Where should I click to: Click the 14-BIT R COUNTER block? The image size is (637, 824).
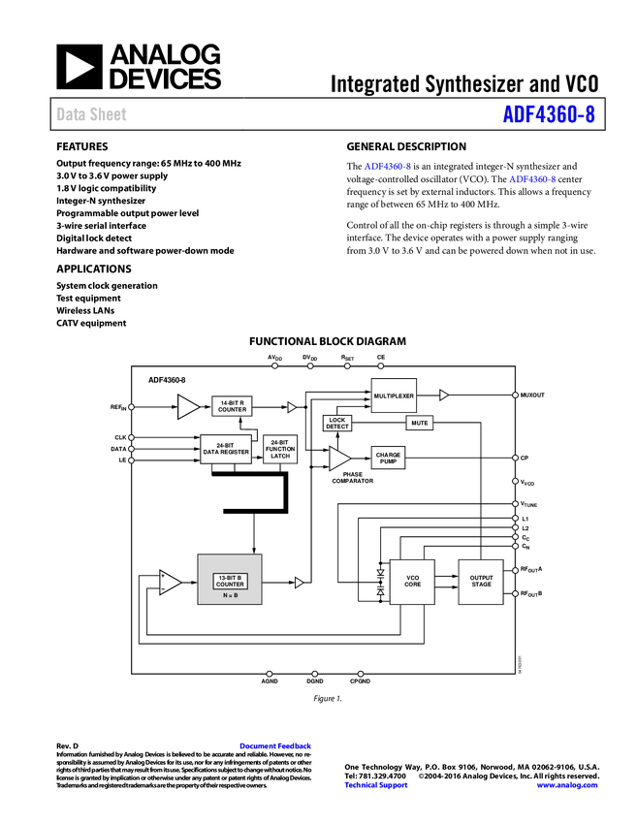pyautogui.click(x=232, y=406)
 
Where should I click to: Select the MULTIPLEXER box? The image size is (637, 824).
pyautogui.click(x=394, y=396)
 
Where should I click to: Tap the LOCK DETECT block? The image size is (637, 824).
pyautogui.click(x=336, y=424)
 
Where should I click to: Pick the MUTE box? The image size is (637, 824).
pyautogui.click(x=419, y=423)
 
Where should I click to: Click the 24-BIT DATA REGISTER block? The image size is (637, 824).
pyautogui.click(x=226, y=449)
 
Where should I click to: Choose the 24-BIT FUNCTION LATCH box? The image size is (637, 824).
pyautogui.click(x=280, y=449)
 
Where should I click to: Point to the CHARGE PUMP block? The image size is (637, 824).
pyautogui.click(x=388, y=458)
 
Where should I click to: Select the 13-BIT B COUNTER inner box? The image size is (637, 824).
pyautogui.click(x=230, y=582)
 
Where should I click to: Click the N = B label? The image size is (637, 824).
pyautogui.click(x=230, y=596)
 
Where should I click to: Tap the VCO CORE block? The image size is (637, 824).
pyautogui.click(x=412, y=582)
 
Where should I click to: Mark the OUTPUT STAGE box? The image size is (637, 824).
pyautogui.click(x=481, y=582)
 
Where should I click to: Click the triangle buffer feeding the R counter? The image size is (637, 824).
pyautogui.click(x=187, y=407)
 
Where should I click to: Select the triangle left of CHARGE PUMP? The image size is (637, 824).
pyautogui.click(x=338, y=459)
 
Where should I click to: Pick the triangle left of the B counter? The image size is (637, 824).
pyautogui.click(x=170, y=583)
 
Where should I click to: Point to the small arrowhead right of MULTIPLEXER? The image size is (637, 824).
pyautogui.click(x=443, y=396)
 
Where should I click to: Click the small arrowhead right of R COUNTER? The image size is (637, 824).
pyautogui.click(x=291, y=407)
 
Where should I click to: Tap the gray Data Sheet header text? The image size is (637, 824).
pyautogui.click(x=92, y=114)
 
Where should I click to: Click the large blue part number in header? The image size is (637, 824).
pyautogui.click(x=548, y=114)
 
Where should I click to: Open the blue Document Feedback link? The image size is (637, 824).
pyautogui.click(x=276, y=745)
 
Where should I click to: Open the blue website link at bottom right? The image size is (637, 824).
pyautogui.click(x=567, y=785)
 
